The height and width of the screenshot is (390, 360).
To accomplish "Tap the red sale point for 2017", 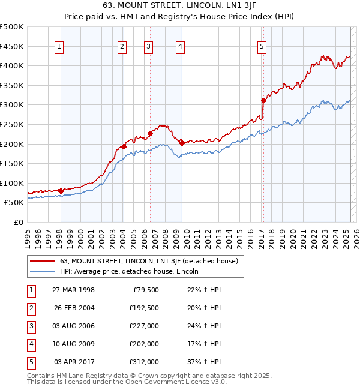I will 263,101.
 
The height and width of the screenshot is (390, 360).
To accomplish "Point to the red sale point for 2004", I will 124,146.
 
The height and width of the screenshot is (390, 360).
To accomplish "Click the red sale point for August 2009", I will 181,143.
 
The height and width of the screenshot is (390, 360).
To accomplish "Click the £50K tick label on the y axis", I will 14,203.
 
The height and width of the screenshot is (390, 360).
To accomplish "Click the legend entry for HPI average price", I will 133,271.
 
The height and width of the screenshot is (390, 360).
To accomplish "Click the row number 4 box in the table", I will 30,344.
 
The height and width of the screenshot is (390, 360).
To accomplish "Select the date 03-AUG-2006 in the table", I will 74,326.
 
